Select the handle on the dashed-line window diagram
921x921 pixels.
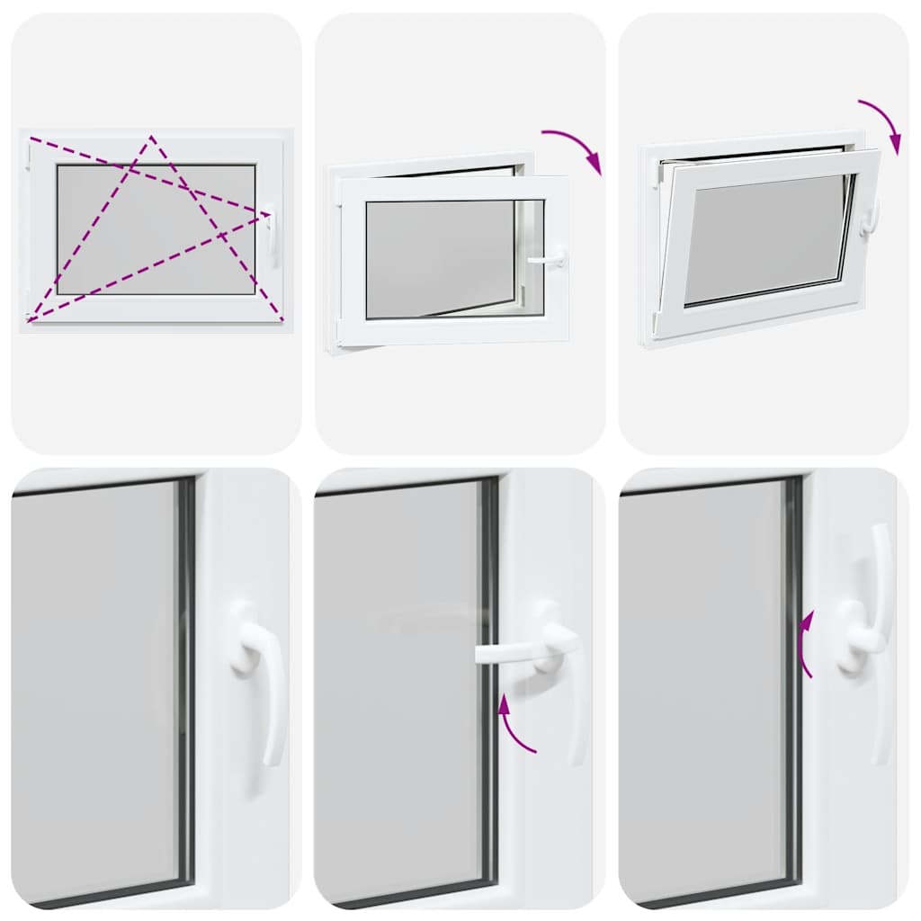click(271, 231)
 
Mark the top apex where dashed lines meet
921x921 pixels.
click(151, 137)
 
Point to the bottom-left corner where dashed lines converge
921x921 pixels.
click(30, 319)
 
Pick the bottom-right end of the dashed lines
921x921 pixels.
click(282, 319)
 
